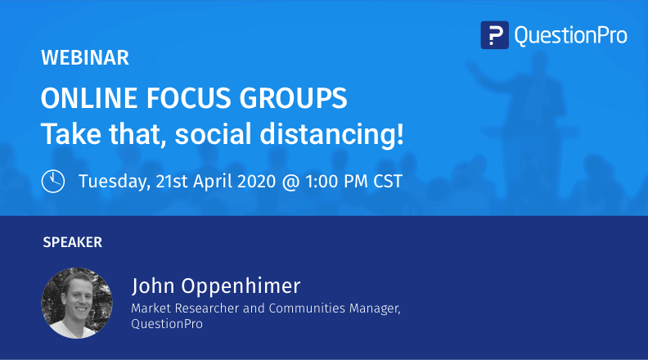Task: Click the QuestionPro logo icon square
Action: coord(495,35)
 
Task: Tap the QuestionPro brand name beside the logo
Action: coord(570,35)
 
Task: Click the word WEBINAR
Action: coord(85,58)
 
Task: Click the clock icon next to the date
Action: coord(53,180)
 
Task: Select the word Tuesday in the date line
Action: coord(114,181)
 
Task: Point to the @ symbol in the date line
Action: coord(290,181)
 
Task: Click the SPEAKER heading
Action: coord(72,242)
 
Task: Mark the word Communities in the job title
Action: coord(300,308)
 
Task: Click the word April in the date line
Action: coord(205,181)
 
